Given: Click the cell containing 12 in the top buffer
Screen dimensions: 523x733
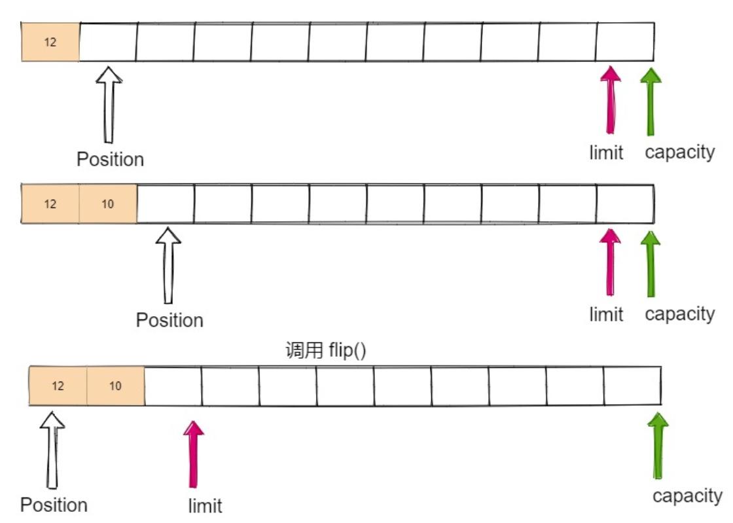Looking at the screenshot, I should point(50,43).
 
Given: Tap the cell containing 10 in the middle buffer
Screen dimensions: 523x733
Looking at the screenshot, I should point(108,204).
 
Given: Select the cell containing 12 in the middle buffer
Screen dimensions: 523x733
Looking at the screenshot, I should point(50,204).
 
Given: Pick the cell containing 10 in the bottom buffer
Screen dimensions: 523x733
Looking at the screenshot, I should point(115,386).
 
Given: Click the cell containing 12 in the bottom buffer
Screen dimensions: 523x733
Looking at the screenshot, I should point(58,386).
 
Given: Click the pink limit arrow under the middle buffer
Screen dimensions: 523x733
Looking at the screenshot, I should point(611,262).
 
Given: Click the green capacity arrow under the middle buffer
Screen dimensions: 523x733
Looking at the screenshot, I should point(650,262).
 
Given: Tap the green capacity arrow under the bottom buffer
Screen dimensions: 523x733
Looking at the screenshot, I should point(658,445).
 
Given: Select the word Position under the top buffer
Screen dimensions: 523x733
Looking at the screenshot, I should point(110,160).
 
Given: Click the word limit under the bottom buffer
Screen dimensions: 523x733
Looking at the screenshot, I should point(205,506).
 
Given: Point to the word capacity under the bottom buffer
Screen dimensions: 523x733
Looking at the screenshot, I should point(687,496).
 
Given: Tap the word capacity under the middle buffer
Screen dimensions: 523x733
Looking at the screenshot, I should point(679,314).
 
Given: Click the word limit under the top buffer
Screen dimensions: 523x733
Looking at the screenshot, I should point(606,153).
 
